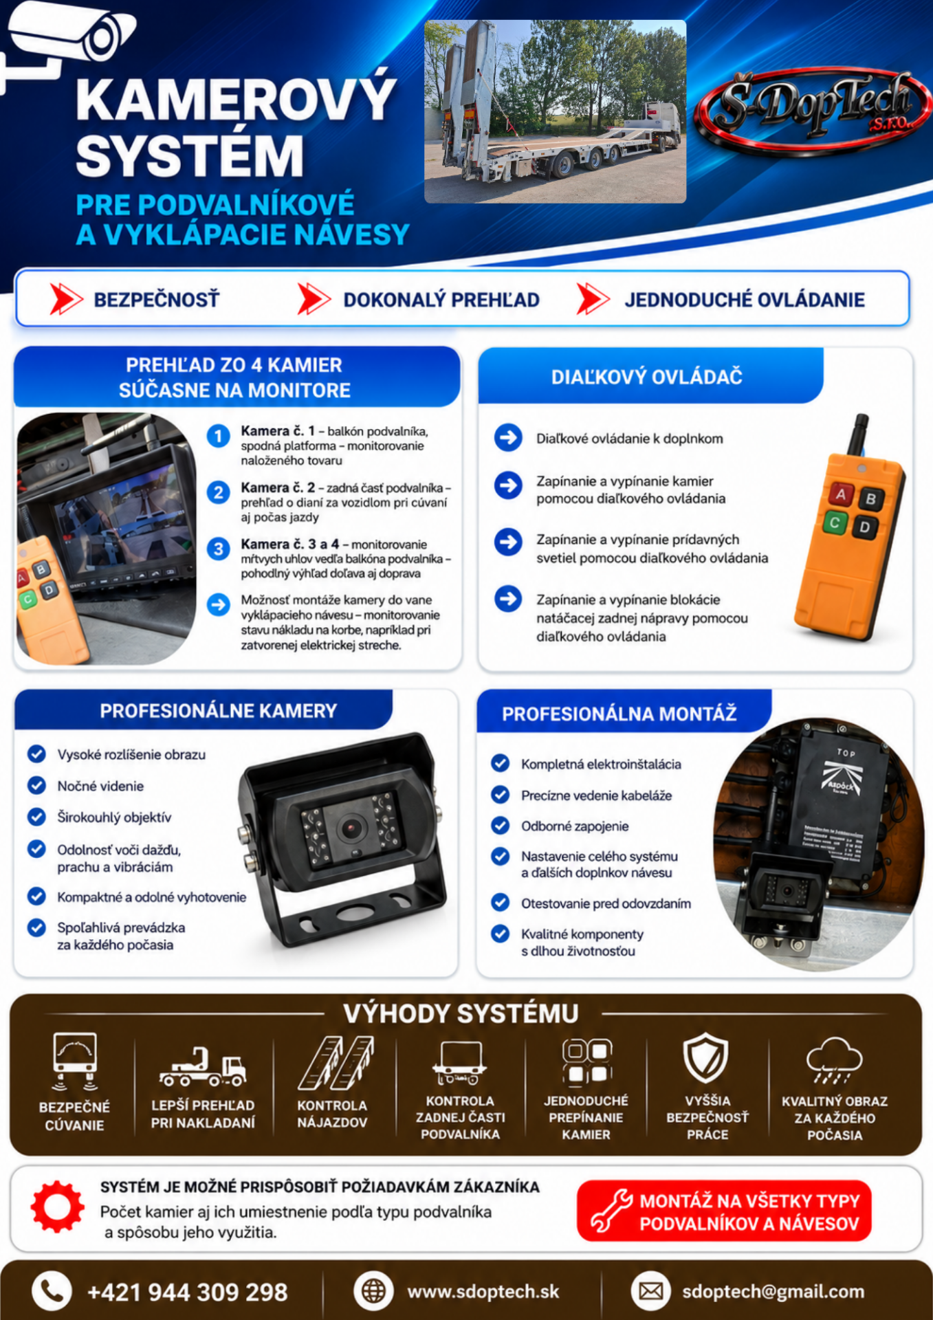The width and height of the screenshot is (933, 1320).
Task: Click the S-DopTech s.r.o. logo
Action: (813, 109)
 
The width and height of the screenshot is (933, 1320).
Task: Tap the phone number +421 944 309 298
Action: (187, 1292)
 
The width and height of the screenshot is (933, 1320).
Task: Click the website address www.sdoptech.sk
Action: (483, 1292)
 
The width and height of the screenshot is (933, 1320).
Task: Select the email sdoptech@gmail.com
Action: (773, 1292)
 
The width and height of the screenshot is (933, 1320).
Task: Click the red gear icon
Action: (57, 1207)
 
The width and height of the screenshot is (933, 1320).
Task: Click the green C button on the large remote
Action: (835, 522)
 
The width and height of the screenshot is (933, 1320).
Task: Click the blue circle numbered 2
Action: (219, 492)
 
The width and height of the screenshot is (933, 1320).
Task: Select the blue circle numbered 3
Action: (219, 549)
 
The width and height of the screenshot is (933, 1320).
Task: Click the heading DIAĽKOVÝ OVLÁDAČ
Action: (646, 377)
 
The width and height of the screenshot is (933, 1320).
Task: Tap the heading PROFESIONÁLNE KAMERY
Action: (219, 711)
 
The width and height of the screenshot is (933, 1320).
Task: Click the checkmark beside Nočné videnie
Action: (36, 785)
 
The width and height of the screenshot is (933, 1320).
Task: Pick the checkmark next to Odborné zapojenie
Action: (501, 825)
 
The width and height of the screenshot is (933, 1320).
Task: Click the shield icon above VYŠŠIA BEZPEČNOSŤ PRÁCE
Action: (706, 1057)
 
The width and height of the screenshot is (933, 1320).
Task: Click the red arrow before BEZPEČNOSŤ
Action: (66, 299)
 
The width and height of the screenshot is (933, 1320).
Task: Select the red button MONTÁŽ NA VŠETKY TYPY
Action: (724, 1211)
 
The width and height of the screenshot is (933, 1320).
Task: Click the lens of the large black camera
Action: (351, 828)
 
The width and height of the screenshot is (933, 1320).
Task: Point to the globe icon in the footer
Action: (373, 1291)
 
